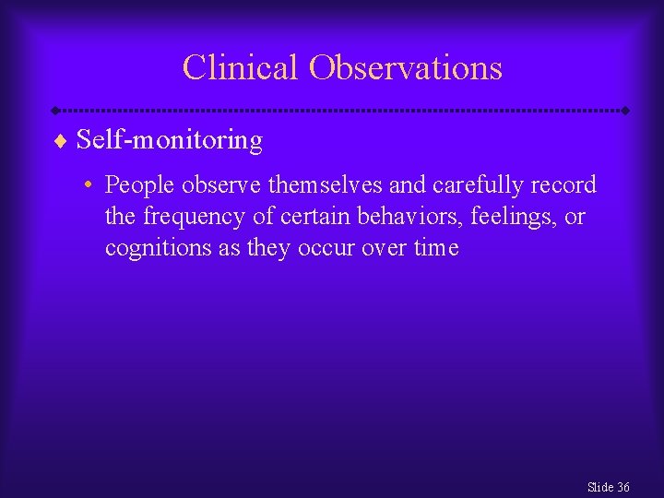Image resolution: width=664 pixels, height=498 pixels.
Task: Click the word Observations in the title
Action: tap(406, 67)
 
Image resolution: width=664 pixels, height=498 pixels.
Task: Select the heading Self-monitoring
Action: tap(170, 140)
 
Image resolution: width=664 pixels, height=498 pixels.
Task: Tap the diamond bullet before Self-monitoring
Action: tap(61, 141)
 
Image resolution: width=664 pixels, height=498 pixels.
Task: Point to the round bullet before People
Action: tap(85, 185)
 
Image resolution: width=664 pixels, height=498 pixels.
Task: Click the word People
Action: tap(140, 184)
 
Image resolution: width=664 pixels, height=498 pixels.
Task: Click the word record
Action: tap(564, 184)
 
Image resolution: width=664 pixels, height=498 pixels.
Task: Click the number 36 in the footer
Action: tap(623, 487)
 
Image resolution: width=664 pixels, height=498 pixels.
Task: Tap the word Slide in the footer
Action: tap(599, 487)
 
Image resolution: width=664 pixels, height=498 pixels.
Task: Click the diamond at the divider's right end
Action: tap(625, 111)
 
